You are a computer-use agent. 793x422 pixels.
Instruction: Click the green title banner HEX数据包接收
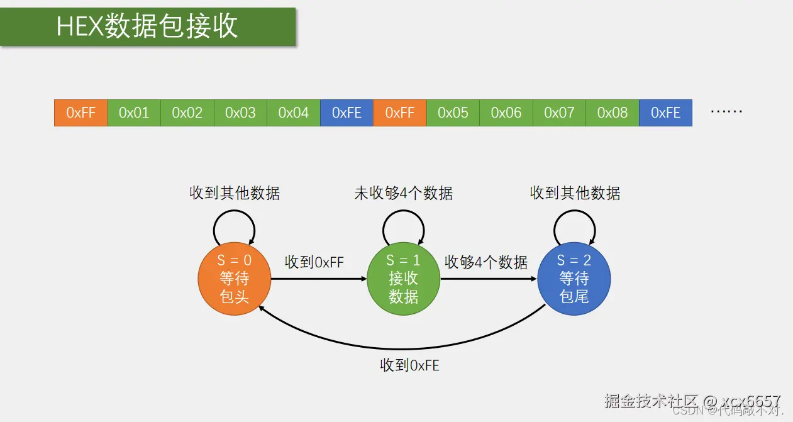[x=148, y=27]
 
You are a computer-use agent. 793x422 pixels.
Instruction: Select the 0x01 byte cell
[x=134, y=113]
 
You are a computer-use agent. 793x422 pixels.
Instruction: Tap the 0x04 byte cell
[x=294, y=113]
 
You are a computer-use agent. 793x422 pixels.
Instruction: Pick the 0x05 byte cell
[x=453, y=113]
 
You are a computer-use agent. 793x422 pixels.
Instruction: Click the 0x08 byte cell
[x=613, y=113]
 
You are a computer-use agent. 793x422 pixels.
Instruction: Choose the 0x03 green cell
[x=240, y=113]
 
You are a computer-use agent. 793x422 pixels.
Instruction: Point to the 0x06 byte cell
[x=506, y=113]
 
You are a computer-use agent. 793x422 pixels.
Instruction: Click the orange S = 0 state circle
[x=234, y=279]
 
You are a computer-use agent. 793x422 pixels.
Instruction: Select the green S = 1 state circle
[x=403, y=279]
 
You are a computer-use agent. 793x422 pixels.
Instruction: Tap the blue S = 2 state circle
[x=574, y=279]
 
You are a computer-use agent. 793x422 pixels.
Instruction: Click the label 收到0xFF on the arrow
[x=314, y=262]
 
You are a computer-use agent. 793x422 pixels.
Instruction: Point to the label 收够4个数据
[x=486, y=262]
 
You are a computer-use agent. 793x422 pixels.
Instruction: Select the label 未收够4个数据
[x=403, y=193]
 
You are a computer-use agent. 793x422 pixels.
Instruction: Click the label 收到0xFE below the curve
[x=409, y=365]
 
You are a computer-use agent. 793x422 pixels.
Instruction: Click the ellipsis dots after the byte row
[x=726, y=112]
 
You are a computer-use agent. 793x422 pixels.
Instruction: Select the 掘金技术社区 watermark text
[x=651, y=401]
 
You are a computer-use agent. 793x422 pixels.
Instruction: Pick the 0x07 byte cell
[x=559, y=113]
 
